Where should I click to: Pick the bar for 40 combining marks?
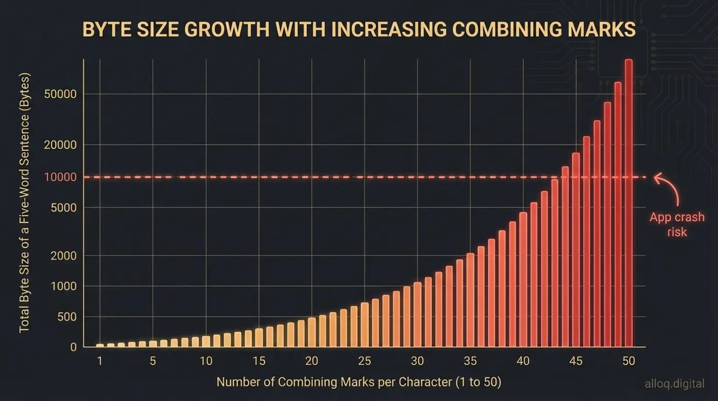click(523, 280)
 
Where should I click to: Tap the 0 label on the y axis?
click(73, 347)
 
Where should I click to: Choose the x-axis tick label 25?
click(364, 361)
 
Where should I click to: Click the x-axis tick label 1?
click(100, 361)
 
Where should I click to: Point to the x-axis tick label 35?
click(470, 361)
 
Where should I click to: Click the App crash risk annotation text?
click(677, 224)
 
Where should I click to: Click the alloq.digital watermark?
click(674, 383)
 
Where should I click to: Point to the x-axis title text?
click(359, 382)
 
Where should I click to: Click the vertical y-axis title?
click(25, 203)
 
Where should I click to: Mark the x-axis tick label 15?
click(259, 361)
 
